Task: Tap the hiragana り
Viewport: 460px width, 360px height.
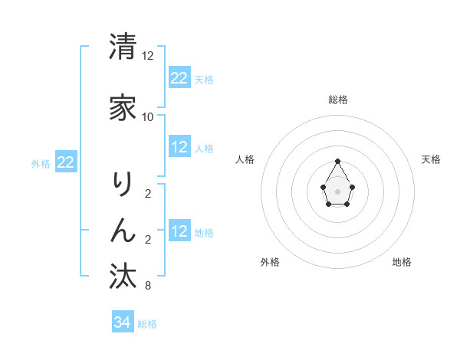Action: click(x=123, y=185)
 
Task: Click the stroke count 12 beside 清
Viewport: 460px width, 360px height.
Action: click(x=148, y=56)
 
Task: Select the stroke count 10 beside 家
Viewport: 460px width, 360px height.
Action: click(x=148, y=117)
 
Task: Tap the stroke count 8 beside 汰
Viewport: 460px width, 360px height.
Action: click(x=148, y=286)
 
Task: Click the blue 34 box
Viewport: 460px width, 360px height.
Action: click(x=122, y=322)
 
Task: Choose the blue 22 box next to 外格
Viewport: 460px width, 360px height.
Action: click(x=65, y=162)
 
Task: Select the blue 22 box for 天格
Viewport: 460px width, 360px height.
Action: click(x=179, y=78)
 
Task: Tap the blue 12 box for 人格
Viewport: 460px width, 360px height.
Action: click(x=179, y=147)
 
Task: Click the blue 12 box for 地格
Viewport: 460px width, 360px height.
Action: click(x=179, y=231)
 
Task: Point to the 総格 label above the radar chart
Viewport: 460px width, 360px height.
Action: click(x=338, y=100)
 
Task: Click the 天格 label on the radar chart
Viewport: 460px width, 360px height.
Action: click(x=431, y=159)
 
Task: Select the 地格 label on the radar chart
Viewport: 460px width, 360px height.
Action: click(x=402, y=262)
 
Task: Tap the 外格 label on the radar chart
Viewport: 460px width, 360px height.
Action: click(x=270, y=262)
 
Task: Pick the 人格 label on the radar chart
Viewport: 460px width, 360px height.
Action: click(x=245, y=159)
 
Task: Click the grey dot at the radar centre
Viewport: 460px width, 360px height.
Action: click(x=338, y=190)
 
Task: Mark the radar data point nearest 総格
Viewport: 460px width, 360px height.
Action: click(x=338, y=161)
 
